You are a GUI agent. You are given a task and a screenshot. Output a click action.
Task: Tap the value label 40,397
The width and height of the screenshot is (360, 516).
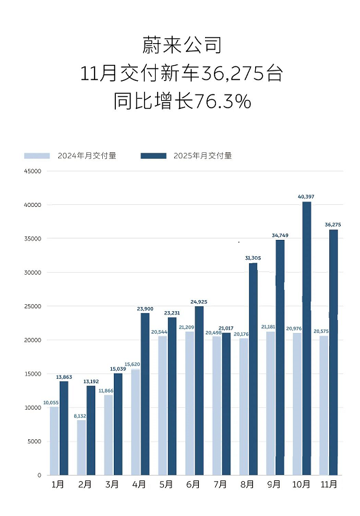coord(307,197)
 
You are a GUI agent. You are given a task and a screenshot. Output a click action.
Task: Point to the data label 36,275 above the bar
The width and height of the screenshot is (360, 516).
coord(333,224)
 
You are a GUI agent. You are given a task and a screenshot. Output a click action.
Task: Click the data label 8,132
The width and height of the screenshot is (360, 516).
coord(80,416)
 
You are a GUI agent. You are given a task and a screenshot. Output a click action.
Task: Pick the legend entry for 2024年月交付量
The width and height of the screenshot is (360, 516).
coord(70,156)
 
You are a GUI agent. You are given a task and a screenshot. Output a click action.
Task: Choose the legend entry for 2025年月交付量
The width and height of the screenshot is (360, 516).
coord(187,156)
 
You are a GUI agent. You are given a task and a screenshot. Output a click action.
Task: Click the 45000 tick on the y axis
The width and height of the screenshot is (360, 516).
coord(32,171)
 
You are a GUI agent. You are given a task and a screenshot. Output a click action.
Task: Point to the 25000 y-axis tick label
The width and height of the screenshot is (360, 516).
coord(32,306)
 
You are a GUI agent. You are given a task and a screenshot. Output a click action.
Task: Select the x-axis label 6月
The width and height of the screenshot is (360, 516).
coord(193,484)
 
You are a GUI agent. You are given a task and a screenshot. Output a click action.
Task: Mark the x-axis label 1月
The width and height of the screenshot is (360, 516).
coord(59,484)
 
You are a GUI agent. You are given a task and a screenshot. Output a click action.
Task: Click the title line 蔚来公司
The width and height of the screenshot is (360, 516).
coord(181,46)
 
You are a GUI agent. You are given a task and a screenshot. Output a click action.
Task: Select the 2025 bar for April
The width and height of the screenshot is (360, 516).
coord(145,393)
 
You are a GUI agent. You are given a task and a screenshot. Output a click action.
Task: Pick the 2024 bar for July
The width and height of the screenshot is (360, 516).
coord(217,405)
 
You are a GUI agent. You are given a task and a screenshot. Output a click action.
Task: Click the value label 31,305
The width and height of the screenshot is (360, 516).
coord(253,258)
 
